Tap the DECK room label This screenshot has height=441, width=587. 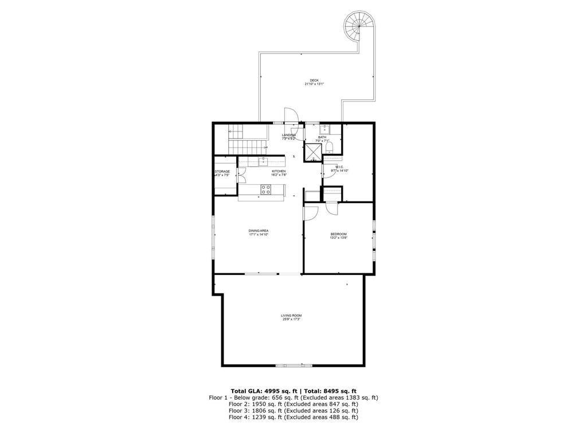[x=314, y=80]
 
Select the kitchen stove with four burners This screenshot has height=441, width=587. [x=266, y=188]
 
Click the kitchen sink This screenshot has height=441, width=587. [x=264, y=161]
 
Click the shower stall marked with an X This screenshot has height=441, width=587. [x=313, y=151]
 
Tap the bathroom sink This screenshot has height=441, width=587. [x=324, y=129]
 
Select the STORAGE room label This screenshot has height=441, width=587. [x=222, y=172]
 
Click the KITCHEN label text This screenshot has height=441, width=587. [x=279, y=171]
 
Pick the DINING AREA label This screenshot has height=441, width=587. [x=259, y=230]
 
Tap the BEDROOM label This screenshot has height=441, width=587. [x=338, y=234]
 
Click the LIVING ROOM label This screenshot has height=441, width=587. [x=291, y=315]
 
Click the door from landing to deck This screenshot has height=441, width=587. [x=291, y=116]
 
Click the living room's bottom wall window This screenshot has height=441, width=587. [x=294, y=365]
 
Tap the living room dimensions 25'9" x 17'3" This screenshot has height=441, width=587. [x=291, y=319]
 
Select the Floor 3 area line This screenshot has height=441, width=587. [x=293, y=411]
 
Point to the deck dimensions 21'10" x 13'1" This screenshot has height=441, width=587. [x=314, y=84]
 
